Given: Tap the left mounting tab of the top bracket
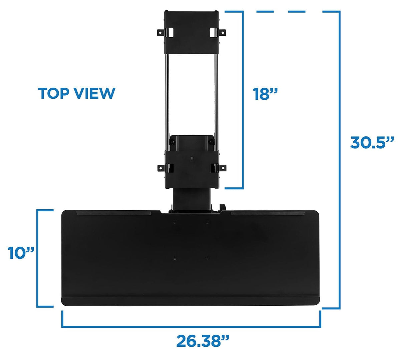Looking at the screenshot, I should click(x=161, y=32).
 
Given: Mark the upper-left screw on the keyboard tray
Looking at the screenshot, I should click(x=175, y=222).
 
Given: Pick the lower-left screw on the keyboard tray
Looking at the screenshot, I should click(x=175, y=257).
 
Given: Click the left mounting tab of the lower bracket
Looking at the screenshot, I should click(x=161, y=167).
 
